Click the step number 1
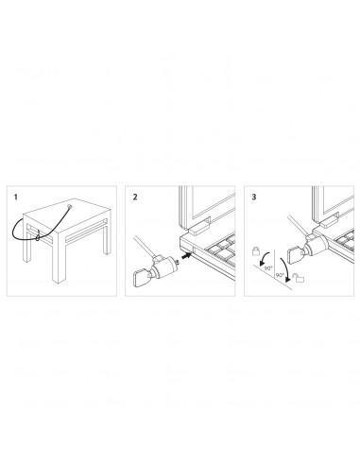click(x=16, y=198)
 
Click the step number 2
click(x=135, y=198)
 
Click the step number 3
click(x=254, y=198)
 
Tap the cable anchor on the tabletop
click(x=69, y=207)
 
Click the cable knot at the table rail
click(x=38, y=236)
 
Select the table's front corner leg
click(x=60, y=258)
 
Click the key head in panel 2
click(x=141, y=279)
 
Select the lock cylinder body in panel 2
click(x=167, y=267)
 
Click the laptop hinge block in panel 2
click(x=199, y=226)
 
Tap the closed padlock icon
click(x=256, y=250)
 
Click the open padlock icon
click(x=300, y=278)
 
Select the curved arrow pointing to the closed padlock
click(x=265, y=258)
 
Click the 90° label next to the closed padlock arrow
click(x=268, y=268)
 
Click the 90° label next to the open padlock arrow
click(x=280, y=275)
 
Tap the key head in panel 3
click(x=294, y=254)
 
